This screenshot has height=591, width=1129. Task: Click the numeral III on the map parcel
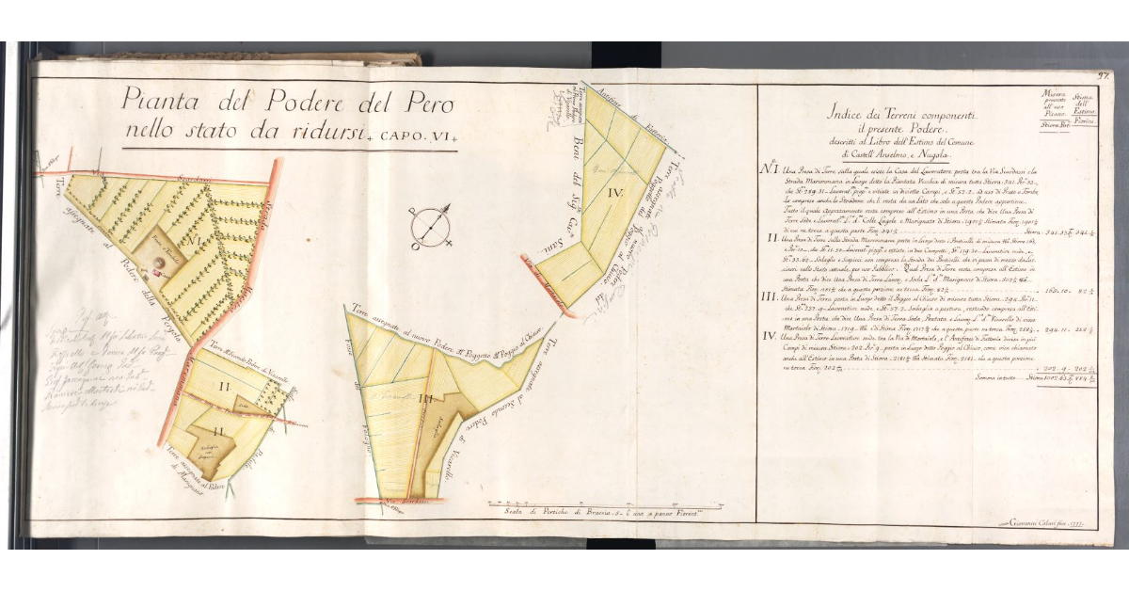425,398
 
